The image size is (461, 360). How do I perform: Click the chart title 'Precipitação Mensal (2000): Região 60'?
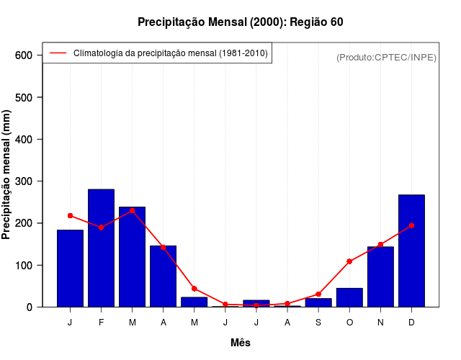point(241,22)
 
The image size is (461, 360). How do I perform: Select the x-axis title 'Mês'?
point(241,343)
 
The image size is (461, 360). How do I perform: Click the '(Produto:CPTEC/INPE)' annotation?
point(386,57)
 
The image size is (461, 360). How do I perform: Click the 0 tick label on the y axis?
point(29,307)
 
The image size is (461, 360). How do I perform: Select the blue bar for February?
point(101,248)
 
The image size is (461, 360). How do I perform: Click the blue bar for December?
point(411,251)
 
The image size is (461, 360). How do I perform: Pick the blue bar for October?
point(349,297)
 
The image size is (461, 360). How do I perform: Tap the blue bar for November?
point(380,277)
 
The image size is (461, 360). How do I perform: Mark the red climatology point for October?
point(349,261)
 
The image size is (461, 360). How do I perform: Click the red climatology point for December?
point(411,225)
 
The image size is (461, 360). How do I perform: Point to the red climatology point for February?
point(101,228)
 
